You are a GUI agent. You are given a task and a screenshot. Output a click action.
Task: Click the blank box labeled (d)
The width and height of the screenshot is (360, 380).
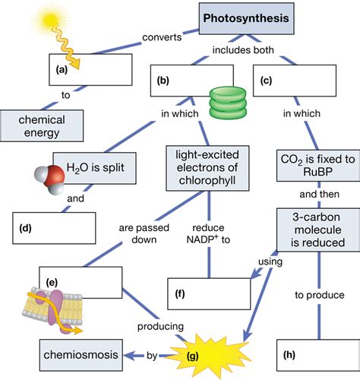(54, 226)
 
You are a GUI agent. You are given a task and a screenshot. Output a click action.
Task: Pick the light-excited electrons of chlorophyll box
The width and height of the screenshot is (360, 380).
(208, 169)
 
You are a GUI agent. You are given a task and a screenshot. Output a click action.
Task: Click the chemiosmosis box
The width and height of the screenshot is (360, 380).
(71, 353)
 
